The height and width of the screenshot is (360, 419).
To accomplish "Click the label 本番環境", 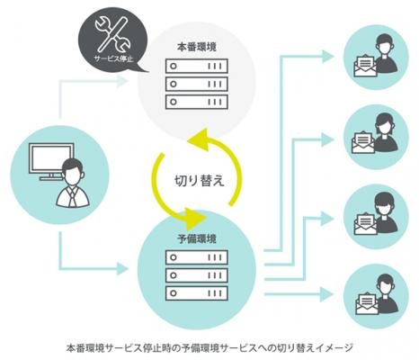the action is (197, 48).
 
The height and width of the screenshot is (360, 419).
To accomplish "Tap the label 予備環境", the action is (197, 239).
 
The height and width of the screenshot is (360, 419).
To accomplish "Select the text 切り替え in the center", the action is (200, 181).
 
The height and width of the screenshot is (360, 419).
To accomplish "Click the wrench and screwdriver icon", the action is (112, 33).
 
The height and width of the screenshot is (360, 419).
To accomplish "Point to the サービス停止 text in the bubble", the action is (113, 58).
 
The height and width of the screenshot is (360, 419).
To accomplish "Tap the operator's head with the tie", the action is (74, 172).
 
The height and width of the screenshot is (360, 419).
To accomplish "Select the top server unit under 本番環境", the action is (197, 67).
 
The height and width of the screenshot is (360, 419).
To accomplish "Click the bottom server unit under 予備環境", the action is (197, 293).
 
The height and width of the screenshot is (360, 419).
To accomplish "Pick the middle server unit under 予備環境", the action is (197, 275).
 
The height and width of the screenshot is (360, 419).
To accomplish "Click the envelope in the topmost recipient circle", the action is (365, 65).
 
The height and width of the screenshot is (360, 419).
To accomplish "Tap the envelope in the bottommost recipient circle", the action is (367, 303).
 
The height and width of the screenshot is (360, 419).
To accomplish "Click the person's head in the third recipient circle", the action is (385, 204).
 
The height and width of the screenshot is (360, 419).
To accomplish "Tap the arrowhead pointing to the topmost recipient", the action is (328, 57).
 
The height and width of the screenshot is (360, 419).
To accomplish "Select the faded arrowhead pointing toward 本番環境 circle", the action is (122, 81).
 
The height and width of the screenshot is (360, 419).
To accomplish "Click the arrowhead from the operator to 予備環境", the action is (122, 268).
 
